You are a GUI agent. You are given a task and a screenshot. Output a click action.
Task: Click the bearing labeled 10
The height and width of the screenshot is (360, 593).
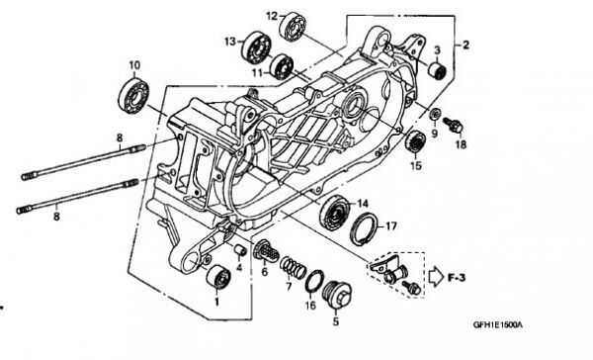[x=133, y=95]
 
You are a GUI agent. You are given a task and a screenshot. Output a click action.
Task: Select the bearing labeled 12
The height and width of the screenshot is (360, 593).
[x=293, y=26]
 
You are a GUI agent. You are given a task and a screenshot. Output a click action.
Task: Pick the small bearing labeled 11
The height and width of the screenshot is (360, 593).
[x=282, y=66]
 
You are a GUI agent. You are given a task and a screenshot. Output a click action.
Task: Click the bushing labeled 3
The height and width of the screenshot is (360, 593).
[x=437, y=70]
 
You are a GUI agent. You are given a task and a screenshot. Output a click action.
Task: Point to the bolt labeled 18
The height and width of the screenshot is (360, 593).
[x=454, y=126]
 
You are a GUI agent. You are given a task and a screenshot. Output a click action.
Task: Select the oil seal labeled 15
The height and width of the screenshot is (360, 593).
[x=416, y=140]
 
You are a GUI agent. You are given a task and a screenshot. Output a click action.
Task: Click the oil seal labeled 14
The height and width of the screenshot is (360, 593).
[x=334, y=213]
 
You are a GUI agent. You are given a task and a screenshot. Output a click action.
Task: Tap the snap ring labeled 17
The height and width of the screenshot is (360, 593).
[x=364, y=228]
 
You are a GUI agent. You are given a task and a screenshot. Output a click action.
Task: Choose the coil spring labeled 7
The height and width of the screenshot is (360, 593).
[x=293, y=266]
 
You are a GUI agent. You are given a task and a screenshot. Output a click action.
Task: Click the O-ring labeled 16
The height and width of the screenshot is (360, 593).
[x=314, y=282]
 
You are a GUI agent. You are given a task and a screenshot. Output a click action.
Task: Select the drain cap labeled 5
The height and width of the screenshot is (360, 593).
[x=337, y=297]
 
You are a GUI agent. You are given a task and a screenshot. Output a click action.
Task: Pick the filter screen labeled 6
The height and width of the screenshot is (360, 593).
[x=266, y=250]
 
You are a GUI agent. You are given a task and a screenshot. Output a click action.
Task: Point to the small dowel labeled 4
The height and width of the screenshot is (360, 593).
[x=240, y=250]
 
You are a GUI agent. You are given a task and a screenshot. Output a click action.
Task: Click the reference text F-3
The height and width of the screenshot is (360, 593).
[x=457, y=278]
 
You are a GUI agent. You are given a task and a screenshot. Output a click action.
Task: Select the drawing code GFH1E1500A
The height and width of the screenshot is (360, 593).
[x=498, y=325]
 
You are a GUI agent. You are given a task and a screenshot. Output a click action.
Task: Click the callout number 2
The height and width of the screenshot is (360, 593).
[x=466, y=45]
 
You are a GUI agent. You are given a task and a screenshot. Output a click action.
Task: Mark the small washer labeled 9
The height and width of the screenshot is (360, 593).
[x=435, y=113]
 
